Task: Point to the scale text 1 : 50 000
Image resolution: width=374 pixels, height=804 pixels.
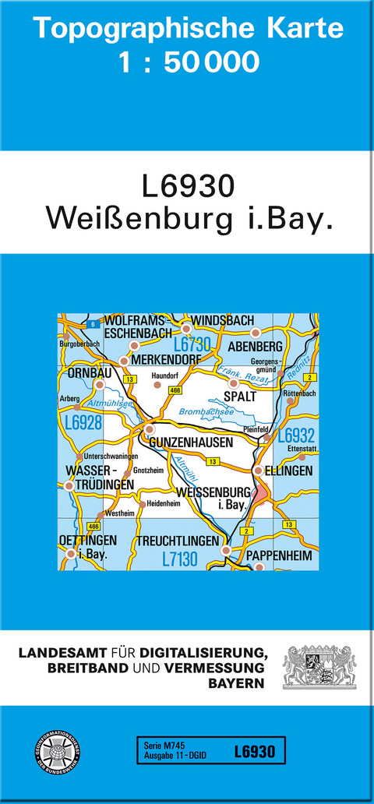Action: pos(188,62)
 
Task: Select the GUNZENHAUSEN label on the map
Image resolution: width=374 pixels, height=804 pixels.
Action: pos(185,442)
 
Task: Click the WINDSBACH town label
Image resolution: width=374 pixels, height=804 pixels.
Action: pos(222,321)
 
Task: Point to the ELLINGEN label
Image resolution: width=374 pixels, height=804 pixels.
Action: pos(289,471)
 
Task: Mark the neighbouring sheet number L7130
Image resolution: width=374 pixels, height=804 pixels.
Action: pos(180,558)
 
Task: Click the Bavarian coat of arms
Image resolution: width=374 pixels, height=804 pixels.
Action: pos(319,666)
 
